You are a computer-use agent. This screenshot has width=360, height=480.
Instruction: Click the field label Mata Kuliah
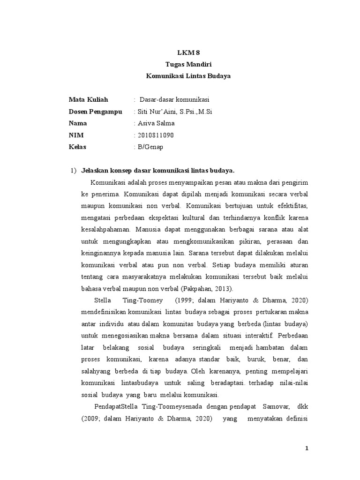(88, 99)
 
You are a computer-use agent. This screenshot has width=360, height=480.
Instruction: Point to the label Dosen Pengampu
(95, 112)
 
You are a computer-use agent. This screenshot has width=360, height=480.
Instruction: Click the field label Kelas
(77, 147)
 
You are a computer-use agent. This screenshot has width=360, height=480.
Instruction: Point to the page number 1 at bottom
(307, 449)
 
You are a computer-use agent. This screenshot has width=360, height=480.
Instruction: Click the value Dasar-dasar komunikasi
(173, 99)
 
